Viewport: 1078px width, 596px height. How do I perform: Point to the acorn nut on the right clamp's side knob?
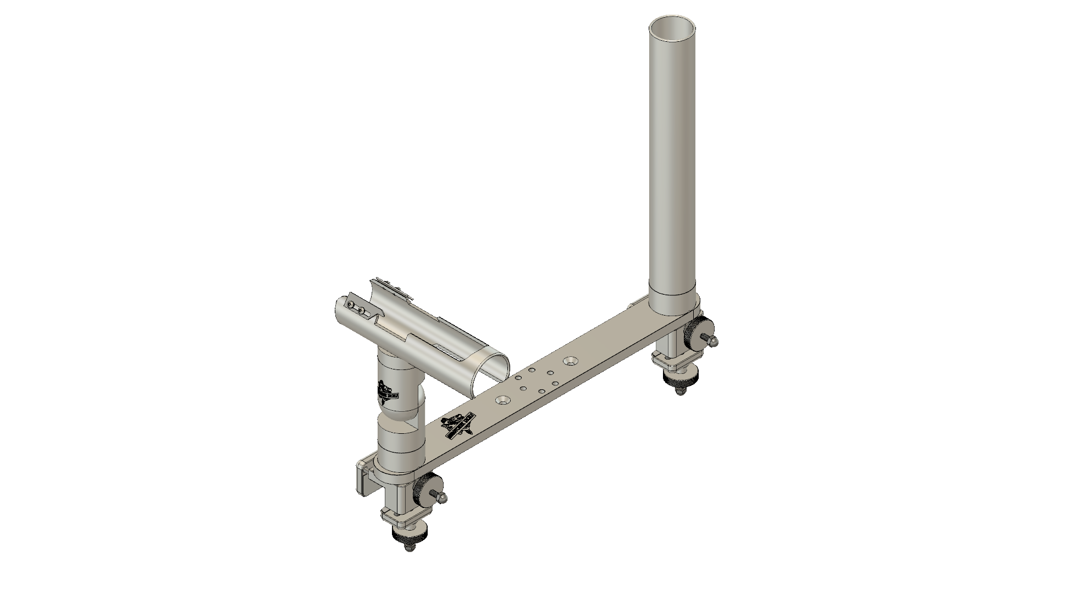click(x=713, y=341)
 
